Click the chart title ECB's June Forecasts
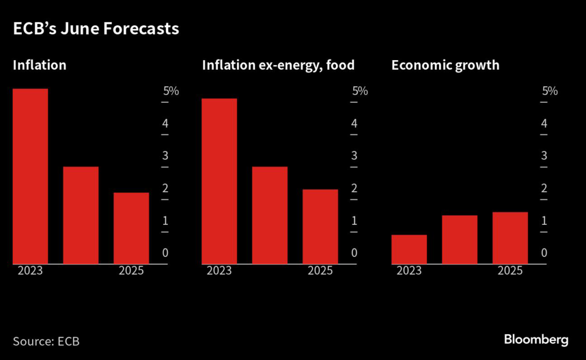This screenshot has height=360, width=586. (96, 30)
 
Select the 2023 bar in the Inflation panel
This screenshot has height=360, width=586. (30, 176)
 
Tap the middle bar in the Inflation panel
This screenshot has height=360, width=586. (81, 215)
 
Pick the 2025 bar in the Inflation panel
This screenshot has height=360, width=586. (131, 228)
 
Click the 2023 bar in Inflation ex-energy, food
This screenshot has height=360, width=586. (219, 181)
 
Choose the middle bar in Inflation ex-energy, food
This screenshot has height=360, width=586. (270, 215)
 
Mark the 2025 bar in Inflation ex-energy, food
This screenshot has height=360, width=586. (320, 227)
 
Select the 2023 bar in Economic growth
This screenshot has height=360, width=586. (409, 250)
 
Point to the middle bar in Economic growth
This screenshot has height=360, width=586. (459, 240)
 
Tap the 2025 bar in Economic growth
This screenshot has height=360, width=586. (510, 238)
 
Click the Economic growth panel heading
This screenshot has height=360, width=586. (445, 65)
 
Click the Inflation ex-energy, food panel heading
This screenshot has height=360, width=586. (278, 65)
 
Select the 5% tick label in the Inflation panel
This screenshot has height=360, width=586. (171, 91)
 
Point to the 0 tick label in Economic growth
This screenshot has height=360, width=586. (544, 253)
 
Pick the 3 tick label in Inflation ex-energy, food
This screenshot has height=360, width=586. (355, 156)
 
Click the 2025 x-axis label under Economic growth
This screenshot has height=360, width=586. (510, 271)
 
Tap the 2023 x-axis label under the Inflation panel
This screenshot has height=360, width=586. (30, 271)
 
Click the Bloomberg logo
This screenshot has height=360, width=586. (536, 340)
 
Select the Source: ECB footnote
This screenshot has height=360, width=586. (46, 342)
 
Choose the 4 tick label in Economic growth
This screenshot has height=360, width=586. (544, 124)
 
